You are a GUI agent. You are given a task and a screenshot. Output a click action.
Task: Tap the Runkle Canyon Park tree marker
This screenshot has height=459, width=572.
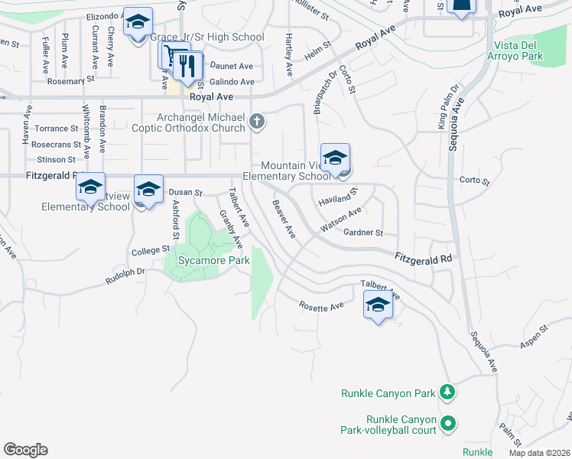click(x=447, y=392)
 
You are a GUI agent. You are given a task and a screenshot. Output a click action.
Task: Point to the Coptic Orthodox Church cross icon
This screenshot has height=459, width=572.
click(x=258, y=121)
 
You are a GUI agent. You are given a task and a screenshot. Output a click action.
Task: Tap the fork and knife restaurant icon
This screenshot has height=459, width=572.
click(x=187, y=66)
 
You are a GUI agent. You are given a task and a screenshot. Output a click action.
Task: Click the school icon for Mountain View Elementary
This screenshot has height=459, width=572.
click(x=335, y=158)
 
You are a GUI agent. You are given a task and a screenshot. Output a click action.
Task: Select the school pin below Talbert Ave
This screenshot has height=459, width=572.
click(x=378, y=306)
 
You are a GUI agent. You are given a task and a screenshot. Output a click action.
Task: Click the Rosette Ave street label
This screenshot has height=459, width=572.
click(x=321, y=307)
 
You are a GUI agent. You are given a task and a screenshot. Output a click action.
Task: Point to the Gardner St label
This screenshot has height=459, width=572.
click(x=362, y=233)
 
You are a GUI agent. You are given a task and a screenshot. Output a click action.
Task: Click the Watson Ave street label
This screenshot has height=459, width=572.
click(x=340, y=221)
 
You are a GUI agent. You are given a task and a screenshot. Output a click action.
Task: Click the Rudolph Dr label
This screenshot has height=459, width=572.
click(x=125, y=272)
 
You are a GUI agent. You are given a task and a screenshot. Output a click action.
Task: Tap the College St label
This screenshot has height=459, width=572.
click(x=150, y=250)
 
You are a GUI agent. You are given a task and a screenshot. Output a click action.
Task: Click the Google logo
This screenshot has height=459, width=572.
click(x=25, y=450)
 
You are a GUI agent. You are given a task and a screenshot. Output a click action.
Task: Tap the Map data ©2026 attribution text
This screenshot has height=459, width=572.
click(x=538, y=453)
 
